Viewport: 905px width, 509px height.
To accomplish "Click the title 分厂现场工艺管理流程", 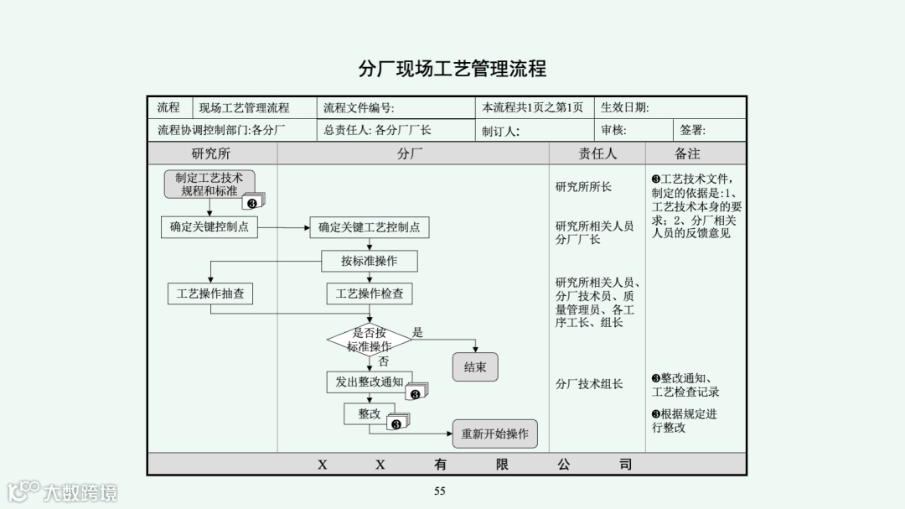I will tap(452, 69).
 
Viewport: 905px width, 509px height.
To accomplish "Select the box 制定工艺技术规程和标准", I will tap(209, 184).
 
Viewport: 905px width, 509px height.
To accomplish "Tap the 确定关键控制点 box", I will tap(209, 226).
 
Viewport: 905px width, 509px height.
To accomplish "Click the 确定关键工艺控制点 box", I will tap(369, 227).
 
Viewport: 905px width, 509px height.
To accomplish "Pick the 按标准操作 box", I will tap(369, 261).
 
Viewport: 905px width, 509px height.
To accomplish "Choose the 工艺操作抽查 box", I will tap(210, 293).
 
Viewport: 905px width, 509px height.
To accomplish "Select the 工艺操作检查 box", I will tap(369, 293).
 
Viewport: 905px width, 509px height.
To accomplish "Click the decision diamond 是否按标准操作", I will tap(369, 340).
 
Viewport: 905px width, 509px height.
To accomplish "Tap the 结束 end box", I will tap(475, 367).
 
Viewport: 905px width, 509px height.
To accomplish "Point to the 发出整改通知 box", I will tap(369, 382).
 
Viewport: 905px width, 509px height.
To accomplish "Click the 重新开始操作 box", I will tap(494, 434).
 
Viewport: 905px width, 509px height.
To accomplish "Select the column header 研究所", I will tap(211, 153).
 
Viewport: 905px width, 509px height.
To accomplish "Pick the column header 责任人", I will tap(597, 153).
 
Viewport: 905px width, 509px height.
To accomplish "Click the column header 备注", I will tap(687, 153).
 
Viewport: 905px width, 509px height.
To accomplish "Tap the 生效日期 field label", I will tap(625, 107).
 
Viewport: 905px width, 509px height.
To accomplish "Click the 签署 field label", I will tap(692, 130).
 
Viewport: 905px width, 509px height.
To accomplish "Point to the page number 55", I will tap(439, 491).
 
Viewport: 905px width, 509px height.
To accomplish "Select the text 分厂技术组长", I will tap(589, 384).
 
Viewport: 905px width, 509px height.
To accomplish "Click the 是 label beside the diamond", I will tap(418, 332).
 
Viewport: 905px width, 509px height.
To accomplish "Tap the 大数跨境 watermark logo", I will tap(63, 491).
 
